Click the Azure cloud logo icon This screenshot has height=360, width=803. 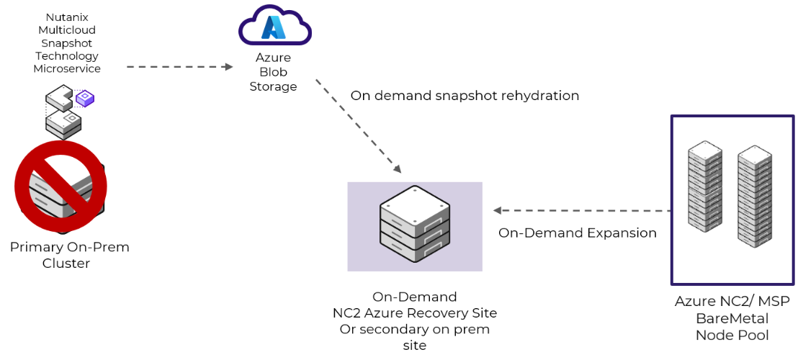pyautogui.click(x=274, y=27)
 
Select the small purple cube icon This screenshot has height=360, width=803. pyautogui.click(x=86, y=98)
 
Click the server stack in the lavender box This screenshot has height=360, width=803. pyautogui.click(x=414, y=224)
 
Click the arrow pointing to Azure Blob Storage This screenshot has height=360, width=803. pyautogui.click(x=180, y=67)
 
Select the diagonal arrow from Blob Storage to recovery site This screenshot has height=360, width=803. pyautogui.click(x=358, y=126)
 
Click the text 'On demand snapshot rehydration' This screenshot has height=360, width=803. pyautogui.click(x=465, y=96)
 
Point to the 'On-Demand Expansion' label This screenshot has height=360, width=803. pyautogui.click(x=578, y=233)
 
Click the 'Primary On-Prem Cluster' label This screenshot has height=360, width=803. pyautogui.click(x=70, y=255)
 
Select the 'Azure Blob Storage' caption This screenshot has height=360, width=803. pyautogui.click(x=273, y=72)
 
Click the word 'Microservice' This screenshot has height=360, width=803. pyautogui.click(x=66, y=69)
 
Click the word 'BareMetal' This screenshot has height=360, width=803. pyautogui.click(x=732, y=318)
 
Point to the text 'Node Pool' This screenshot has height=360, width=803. pyautogui.click(x=732, y=335)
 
